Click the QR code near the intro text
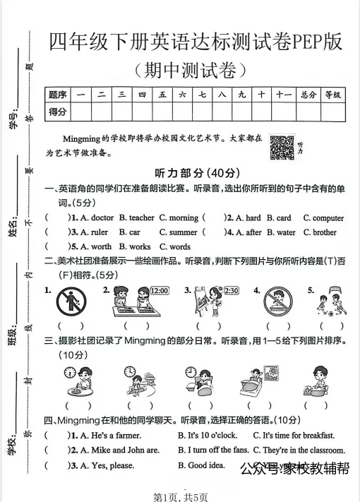coord(282,147)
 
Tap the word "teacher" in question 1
coord(141,218)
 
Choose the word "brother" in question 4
coord(325,232)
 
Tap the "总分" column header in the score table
coord(307,95)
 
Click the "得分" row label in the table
coord(58,112)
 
